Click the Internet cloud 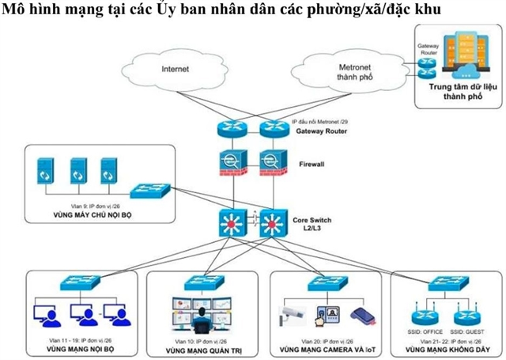coord(175,69)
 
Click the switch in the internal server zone coord(145,191)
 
